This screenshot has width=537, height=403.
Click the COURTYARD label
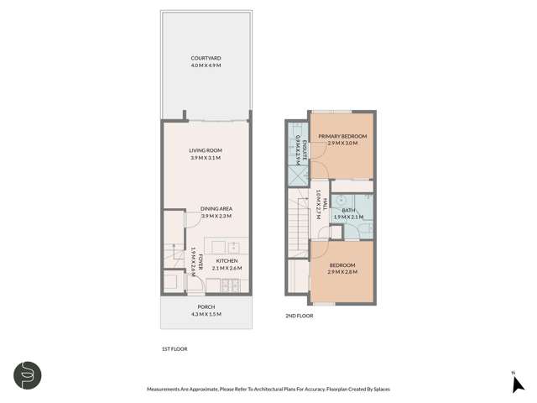click(206, 58)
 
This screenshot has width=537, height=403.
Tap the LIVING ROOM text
click(206, 150)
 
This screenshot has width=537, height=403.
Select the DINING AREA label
click(216, 208)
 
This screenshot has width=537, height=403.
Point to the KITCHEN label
click(227, 261)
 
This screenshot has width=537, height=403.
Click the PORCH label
click(206, 307)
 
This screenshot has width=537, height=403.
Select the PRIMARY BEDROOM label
click(342, 135)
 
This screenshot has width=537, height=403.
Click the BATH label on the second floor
click(347, 210)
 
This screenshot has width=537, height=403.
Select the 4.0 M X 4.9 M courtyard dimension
click(206, 65)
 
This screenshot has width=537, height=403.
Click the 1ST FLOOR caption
click(174, 348)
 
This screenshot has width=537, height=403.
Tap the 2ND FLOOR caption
click(299, 316)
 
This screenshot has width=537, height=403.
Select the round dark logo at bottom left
click(27, 375)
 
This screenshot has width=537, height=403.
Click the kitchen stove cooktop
click(234, 283)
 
